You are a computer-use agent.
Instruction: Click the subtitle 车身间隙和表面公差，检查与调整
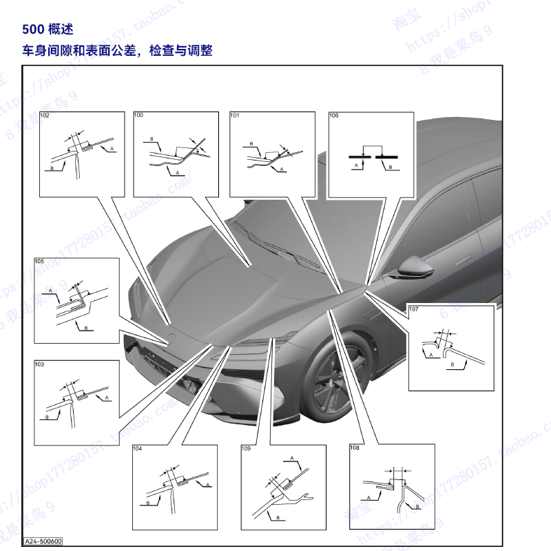(117, 51)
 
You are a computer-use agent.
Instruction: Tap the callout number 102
(45, 116)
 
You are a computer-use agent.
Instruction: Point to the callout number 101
(235, 116)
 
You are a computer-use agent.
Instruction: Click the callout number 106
(334, 116)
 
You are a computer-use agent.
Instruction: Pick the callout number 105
(39, 262)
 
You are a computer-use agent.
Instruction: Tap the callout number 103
(39, 364)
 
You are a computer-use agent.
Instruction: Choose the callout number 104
(138, 448)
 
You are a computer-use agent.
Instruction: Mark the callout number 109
(246, 448)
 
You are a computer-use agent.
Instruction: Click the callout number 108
(355, 448)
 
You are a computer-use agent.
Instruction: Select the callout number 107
(413, 310)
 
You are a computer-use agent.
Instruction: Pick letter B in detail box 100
(151, 139)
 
